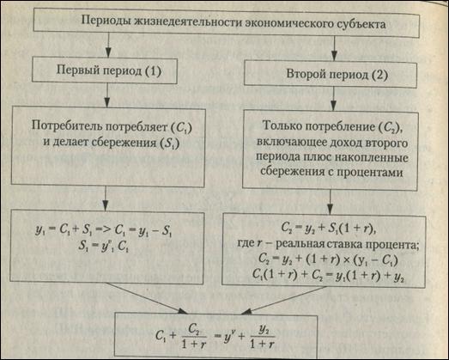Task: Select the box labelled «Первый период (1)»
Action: click(x=105, y=70)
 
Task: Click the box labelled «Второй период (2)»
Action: click(x=331, y=74)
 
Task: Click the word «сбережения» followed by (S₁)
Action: click(x=124, y=143)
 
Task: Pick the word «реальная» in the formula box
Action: click(x=297, y=245)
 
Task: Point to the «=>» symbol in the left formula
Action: click(x=105, y=230)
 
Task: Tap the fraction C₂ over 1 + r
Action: click(x=194, y=338)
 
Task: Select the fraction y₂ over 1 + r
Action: click(x=263, y=338)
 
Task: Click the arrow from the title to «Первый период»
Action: click(x=108, y=44)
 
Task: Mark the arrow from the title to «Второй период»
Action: click(x=334, y=49)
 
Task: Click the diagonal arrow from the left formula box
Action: click(x=147, y=298)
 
